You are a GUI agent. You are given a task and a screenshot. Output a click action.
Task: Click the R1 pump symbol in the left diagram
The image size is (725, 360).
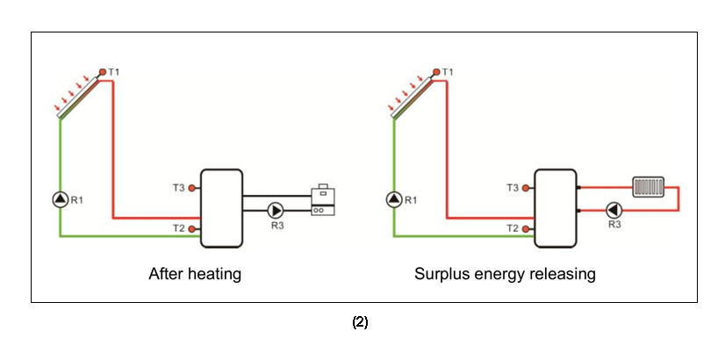tap(60, 199)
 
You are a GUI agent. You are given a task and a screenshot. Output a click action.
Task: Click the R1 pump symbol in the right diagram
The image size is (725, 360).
tap(393, 199)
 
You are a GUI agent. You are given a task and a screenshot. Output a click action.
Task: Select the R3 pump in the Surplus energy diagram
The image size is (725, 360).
tap(614, 210)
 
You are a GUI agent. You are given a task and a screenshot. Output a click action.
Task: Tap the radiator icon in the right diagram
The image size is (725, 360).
tap(648, 186)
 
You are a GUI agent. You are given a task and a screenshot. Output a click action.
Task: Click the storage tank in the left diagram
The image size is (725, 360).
tap(222, 208)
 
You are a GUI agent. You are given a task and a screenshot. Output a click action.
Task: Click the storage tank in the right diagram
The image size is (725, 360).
tap(556, 208)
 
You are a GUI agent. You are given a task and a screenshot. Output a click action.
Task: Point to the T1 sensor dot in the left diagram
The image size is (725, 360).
tap(102, 72)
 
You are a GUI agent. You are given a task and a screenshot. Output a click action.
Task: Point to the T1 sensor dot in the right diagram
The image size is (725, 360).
tap(436, 72)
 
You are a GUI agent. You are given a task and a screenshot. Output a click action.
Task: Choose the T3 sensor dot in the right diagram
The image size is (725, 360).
tap(527, 187)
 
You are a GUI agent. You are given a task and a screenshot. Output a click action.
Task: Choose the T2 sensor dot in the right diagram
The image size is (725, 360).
tap(527, 229)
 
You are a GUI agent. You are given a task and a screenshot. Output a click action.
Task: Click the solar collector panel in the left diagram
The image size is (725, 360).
tap(77, 97)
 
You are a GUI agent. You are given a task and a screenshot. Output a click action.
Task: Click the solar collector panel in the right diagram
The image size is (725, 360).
tap(411, 97)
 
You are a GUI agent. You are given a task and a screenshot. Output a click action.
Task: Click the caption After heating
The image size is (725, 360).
tap(195, 274)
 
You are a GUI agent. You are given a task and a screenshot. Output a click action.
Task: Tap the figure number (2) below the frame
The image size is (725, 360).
tap(360, 322)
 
